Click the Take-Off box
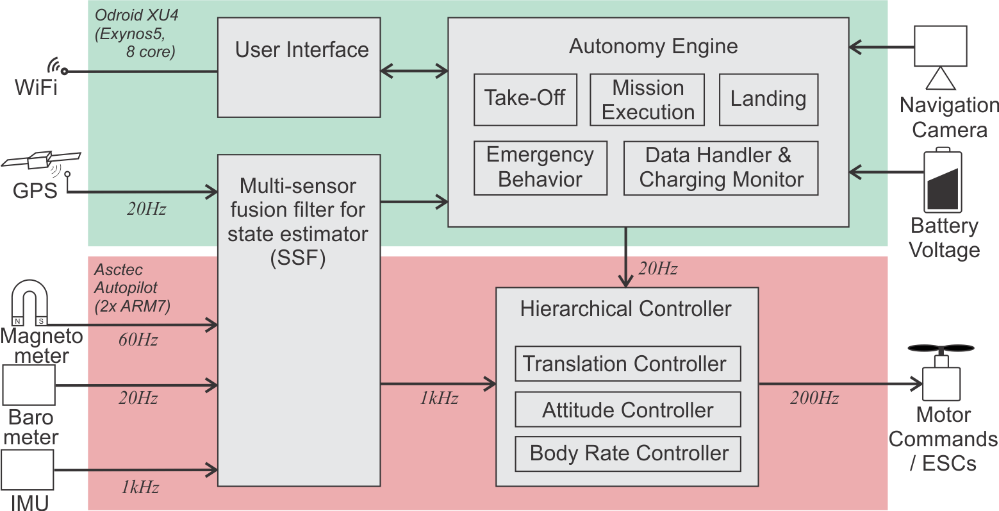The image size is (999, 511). point(525,99)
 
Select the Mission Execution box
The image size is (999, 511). point(647,99)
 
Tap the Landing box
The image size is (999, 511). point(768,99)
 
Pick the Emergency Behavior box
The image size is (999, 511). point(540,167)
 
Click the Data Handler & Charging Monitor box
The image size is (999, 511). point(721,167)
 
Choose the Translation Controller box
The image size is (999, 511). point(627,364)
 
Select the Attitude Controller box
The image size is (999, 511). point(627,410)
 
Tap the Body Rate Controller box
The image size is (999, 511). point(627,453)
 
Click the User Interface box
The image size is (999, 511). point(299,67)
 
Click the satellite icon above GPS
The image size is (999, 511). point(41,160)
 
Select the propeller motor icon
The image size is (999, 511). point(941,372)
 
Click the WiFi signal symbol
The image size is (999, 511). point(56,67)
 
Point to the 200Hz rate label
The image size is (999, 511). point(814,398)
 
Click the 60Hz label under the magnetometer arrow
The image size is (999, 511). point(138,340)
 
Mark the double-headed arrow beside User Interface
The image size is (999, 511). point(414,71)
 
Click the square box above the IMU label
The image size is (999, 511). point(28,470)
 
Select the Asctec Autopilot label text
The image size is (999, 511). point(132,288)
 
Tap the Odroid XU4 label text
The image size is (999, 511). point(136,33)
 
